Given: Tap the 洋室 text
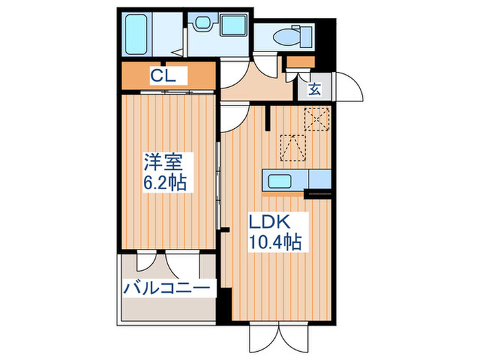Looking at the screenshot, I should coord(163,163).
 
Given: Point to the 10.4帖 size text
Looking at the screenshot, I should coord(274,241).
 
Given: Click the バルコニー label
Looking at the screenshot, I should coord(166,288).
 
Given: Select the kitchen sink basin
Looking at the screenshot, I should coord(280,182).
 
